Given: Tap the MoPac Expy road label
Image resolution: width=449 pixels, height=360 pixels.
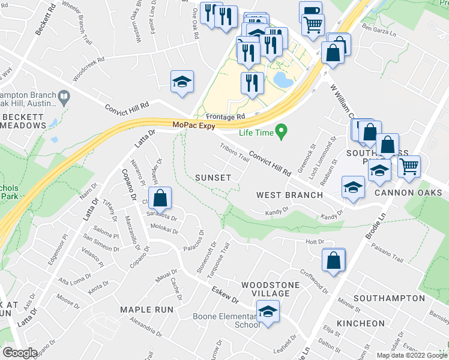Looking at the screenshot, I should pos(193,125).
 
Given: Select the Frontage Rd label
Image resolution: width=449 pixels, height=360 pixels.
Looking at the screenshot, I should pos(226,116).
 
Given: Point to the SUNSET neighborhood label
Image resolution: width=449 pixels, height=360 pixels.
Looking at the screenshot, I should pos(212,178).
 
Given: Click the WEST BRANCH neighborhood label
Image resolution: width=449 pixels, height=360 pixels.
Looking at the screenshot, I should pos(289,195).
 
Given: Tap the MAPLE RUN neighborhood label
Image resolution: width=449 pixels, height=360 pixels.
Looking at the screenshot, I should pos(146,310).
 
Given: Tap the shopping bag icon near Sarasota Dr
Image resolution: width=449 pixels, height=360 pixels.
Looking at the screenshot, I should pos(160,198).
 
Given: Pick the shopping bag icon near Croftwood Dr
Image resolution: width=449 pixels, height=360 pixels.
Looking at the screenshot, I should pos(333,260).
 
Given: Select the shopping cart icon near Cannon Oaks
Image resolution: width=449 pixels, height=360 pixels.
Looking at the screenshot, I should pos(409,166).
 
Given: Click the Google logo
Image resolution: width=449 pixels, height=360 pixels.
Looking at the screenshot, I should pos(20,353).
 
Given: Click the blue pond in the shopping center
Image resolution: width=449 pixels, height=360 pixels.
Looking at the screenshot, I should pos(280,79).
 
